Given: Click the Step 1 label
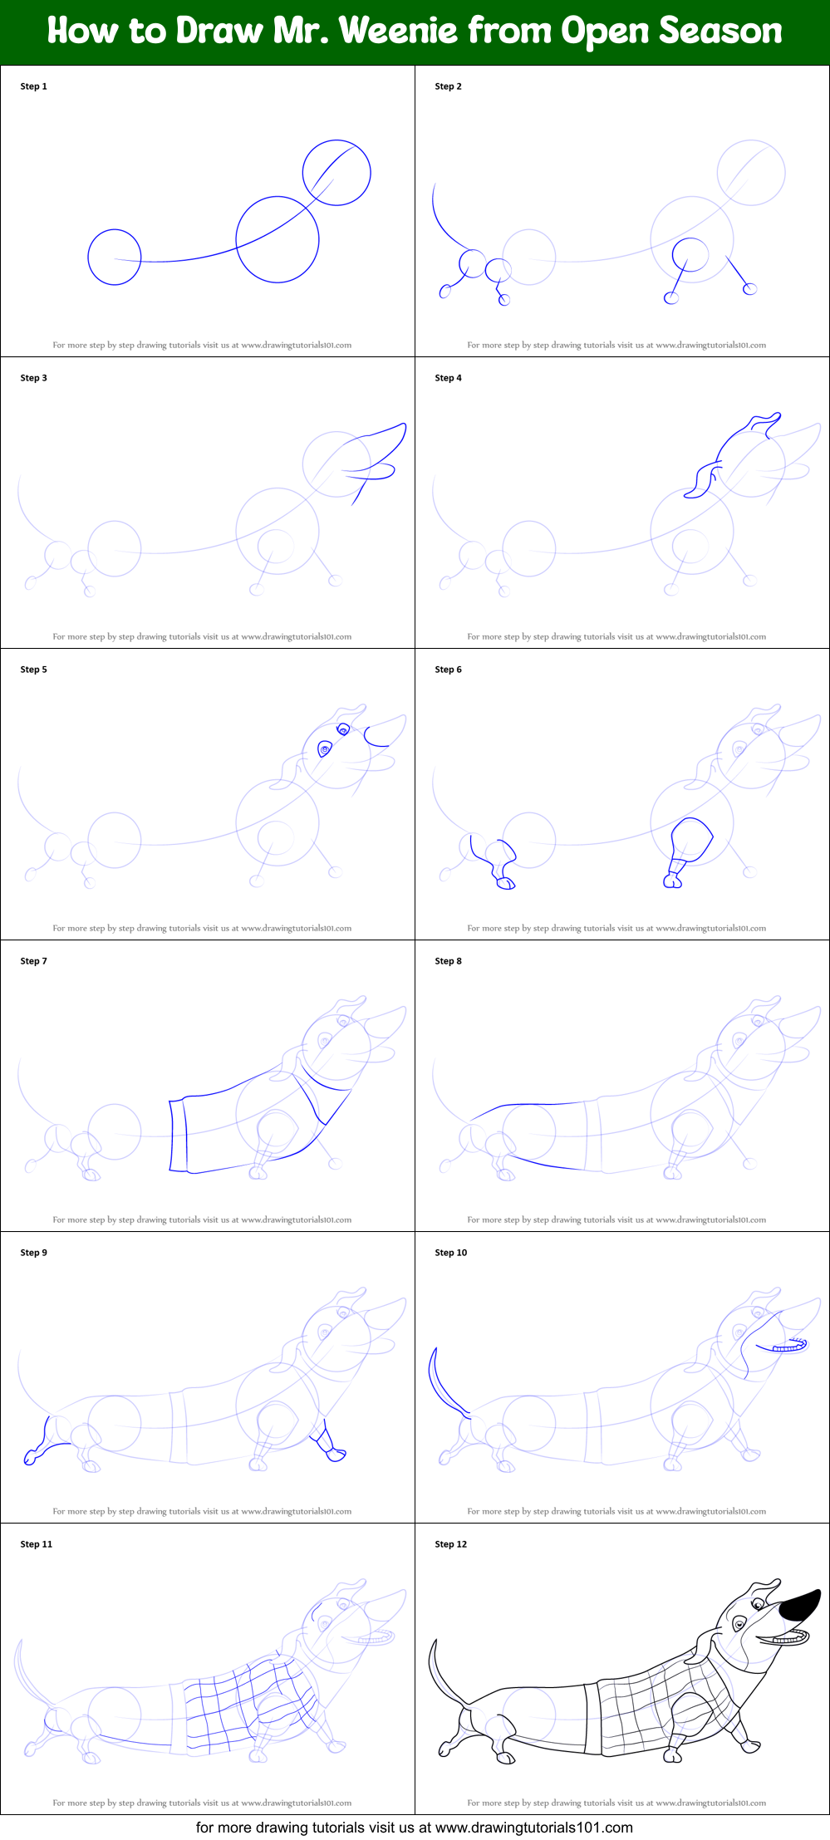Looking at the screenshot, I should pyautogui.click(x=33, y=86).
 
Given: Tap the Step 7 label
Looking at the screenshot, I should pyautogui.click(x=33, y=961).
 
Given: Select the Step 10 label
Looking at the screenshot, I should pyautogui.click(x=450, y=1253).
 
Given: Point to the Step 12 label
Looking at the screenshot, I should pyautogui.click(x=450, y=1544).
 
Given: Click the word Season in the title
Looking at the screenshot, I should pyautogui.click(x=720, y=32).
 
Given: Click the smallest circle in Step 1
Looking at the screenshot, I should pyautogui.click(x=115, y=258).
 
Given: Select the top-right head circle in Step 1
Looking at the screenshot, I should pyautogui.click(x=336, y=173).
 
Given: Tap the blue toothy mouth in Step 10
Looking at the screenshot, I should pyautogui.click(x=788, y=1347).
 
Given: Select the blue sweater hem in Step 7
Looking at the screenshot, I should pyautogui.click(x=178, y=1136).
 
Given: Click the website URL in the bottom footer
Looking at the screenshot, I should pyautogui.click(x=533, y=1828).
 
